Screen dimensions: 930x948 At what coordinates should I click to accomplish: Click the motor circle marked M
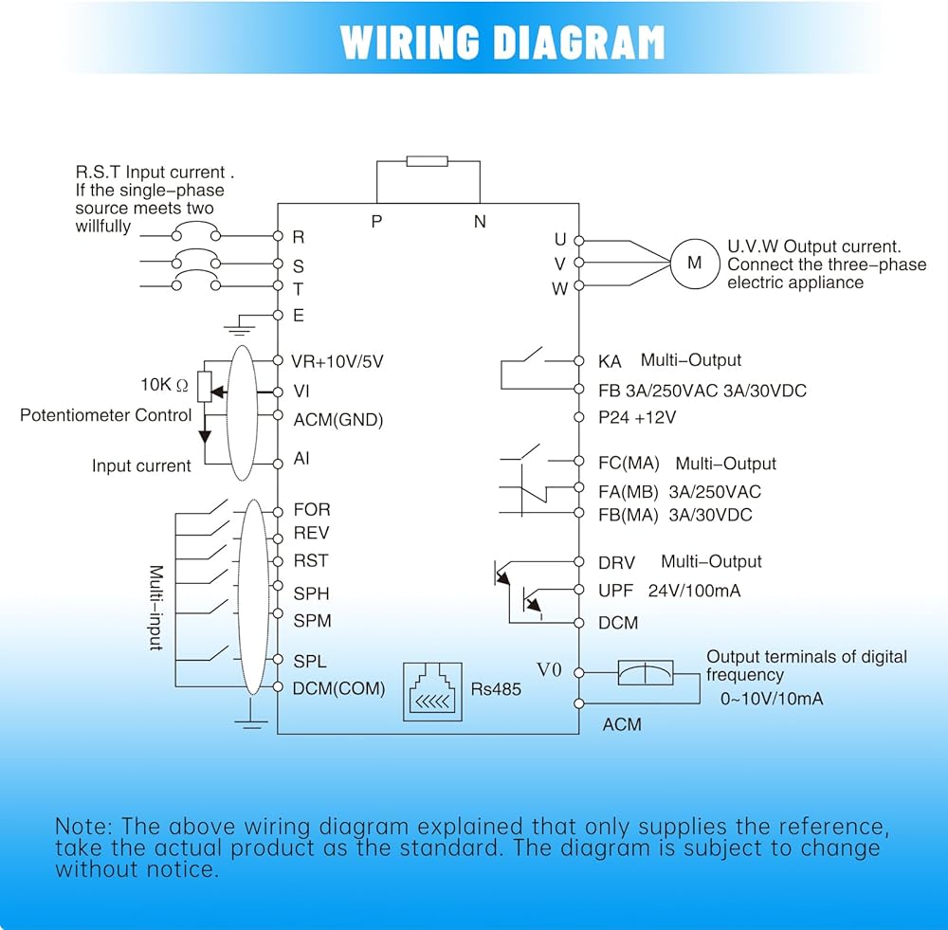695,263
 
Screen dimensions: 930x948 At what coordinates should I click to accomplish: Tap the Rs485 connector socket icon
433,692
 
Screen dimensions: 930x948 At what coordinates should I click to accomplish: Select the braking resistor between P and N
427,160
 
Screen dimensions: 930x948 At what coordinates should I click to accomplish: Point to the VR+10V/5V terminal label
338,361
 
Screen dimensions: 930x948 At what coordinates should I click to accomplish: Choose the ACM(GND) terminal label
338,420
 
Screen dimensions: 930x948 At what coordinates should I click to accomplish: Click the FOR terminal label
312,510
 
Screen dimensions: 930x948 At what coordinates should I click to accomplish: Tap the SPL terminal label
310,662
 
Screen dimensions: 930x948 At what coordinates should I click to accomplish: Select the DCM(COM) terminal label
339,689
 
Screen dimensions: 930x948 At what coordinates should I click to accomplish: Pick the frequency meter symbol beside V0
645,672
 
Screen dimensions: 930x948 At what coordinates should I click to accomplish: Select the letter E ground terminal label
299,316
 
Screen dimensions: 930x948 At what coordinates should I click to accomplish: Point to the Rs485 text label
496,689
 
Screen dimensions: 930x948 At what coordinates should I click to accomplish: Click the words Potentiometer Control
106,415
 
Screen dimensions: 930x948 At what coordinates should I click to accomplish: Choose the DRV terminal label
616,563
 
